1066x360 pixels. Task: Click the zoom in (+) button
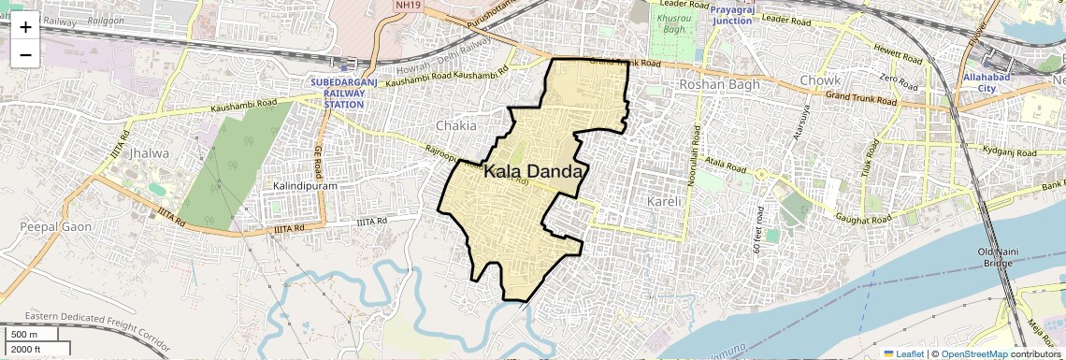[x=25, y=27]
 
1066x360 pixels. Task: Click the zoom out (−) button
[x=25, y=54]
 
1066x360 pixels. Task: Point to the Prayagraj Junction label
[x=744, y=15]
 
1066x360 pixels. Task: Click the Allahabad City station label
[x=987, y=82]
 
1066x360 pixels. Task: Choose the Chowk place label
[x=819, y=81]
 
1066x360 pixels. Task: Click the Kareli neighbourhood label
[x=668, y=201]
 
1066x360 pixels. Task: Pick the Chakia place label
[x=455, y=125]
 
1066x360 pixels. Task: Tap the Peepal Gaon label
[x=50, y=227]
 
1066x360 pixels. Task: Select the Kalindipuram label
[x=304, y=186]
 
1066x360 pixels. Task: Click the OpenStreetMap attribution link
[x=973, y=353]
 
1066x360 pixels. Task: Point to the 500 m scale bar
[x=32, y=334]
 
